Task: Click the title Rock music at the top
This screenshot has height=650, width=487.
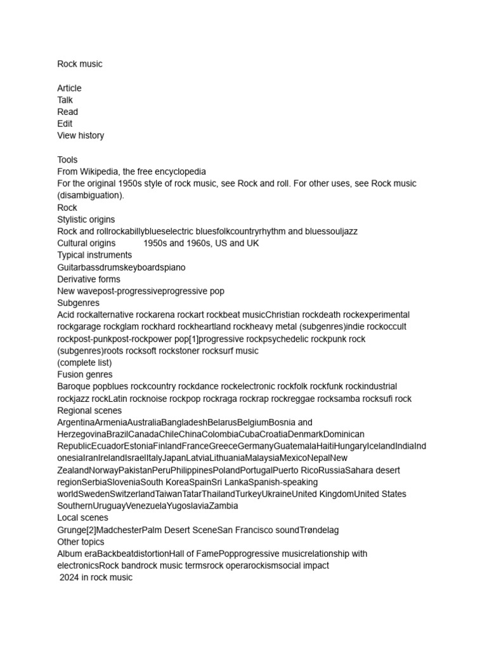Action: click(79, 64)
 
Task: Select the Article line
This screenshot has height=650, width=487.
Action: click(69, 88)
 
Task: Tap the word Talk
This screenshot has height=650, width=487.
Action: click(65, 100)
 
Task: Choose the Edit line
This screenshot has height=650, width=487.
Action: click(65, 124)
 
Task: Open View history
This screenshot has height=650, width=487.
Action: click(81, 135)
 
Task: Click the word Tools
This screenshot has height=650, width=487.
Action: click(67, 160)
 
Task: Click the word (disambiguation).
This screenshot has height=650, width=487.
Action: click(91, 196)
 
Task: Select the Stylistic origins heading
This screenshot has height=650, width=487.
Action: click(86, 220)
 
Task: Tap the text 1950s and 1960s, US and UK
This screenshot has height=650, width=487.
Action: click(201, 243)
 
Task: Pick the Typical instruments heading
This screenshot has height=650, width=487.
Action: click(94, 255)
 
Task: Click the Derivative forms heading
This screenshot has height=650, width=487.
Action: click(89, 279)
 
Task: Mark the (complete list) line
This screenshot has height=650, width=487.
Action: click(84, 362)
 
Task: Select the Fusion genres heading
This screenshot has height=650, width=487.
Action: click(85, 375)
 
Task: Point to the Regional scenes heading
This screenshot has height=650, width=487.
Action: click(89, 411)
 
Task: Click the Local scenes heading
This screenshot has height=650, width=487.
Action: click(82, 518)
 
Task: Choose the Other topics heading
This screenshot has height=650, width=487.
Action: click(81, 542)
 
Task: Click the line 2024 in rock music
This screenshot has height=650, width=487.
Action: click(96, 578)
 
